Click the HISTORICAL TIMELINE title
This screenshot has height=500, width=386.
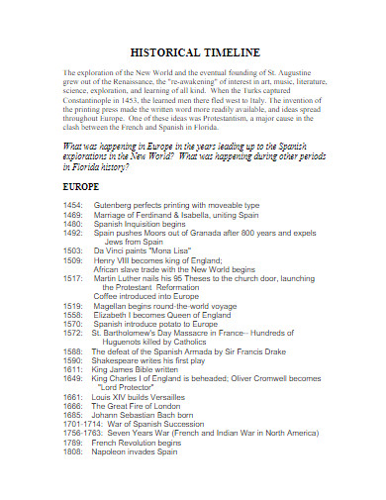coord(193,51)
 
